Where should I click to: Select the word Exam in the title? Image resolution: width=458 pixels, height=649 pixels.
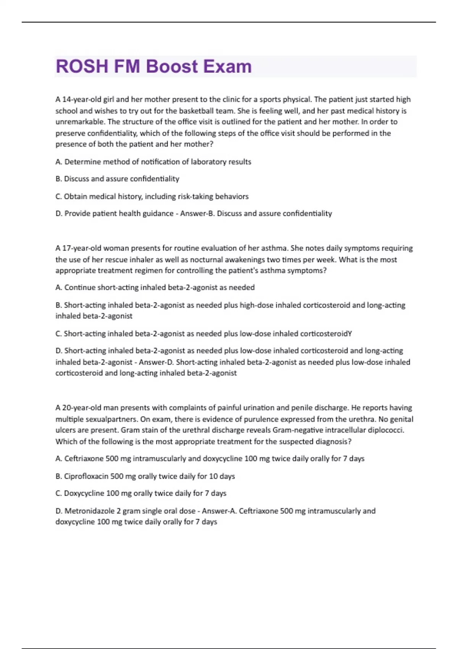click(x=227, y=66)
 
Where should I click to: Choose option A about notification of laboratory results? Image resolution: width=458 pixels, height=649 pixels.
click(x=153, y=162)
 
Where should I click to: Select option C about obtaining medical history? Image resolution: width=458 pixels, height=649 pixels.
click(x=152, y=196)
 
